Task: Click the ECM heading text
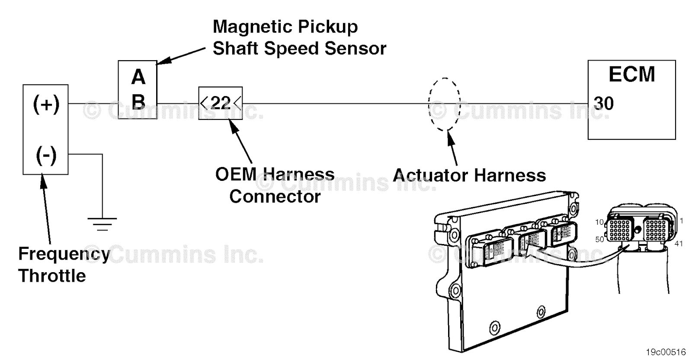tap(631, 74)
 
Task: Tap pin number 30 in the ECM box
tap(604, 103)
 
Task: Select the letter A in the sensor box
tap(138, 77)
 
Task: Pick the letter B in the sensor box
tap(138, 103)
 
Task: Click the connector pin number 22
tap(220, 103)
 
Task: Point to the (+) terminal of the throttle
tap(46, 104)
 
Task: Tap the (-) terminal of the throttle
tap(46, 154)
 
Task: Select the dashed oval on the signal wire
tap(444, 104)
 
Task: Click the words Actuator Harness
tap(469, 175)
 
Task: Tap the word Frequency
tap(64, 254)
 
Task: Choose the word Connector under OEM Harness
tap(275, 196)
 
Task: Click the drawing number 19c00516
tap(666, 352)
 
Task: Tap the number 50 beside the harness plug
tap(599, 239)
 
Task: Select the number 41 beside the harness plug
tap(679, 244)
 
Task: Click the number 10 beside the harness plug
tap(599, 222)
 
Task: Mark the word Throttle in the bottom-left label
tap(52, 276)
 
